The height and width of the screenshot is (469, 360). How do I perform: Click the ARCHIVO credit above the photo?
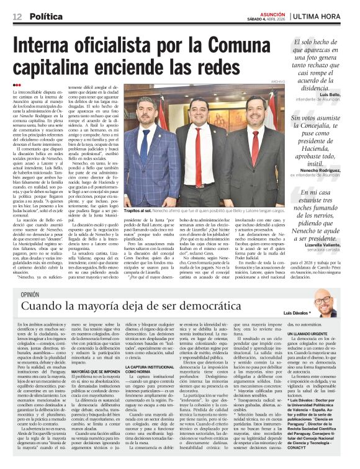click(277, 81)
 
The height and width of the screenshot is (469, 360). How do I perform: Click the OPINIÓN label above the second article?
click(30, 295)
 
